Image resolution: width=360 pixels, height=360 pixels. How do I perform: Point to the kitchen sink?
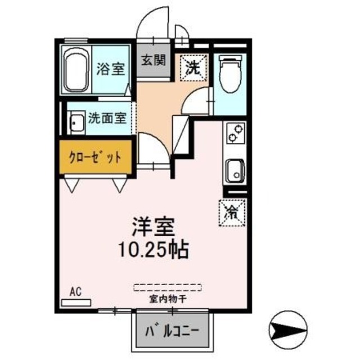(x=233, y=169)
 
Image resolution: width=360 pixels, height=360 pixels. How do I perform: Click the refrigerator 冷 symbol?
(x=231, y=212)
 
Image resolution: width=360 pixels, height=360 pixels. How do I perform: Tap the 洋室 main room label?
(x=152, y=228)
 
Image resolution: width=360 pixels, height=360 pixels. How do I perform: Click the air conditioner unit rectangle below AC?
(x=76, y=302)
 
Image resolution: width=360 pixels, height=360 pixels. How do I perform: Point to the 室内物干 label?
(x=168, y=298)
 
